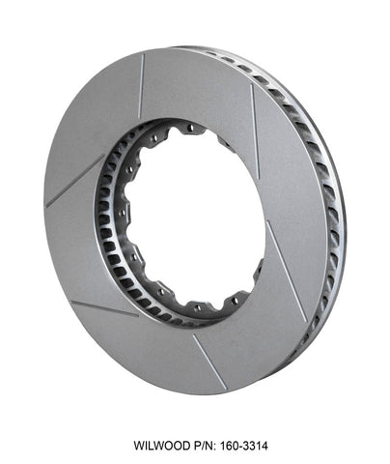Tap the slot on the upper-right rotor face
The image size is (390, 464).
click(x=256, y=116)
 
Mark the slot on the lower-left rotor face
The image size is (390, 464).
click(x=104, y=308)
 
